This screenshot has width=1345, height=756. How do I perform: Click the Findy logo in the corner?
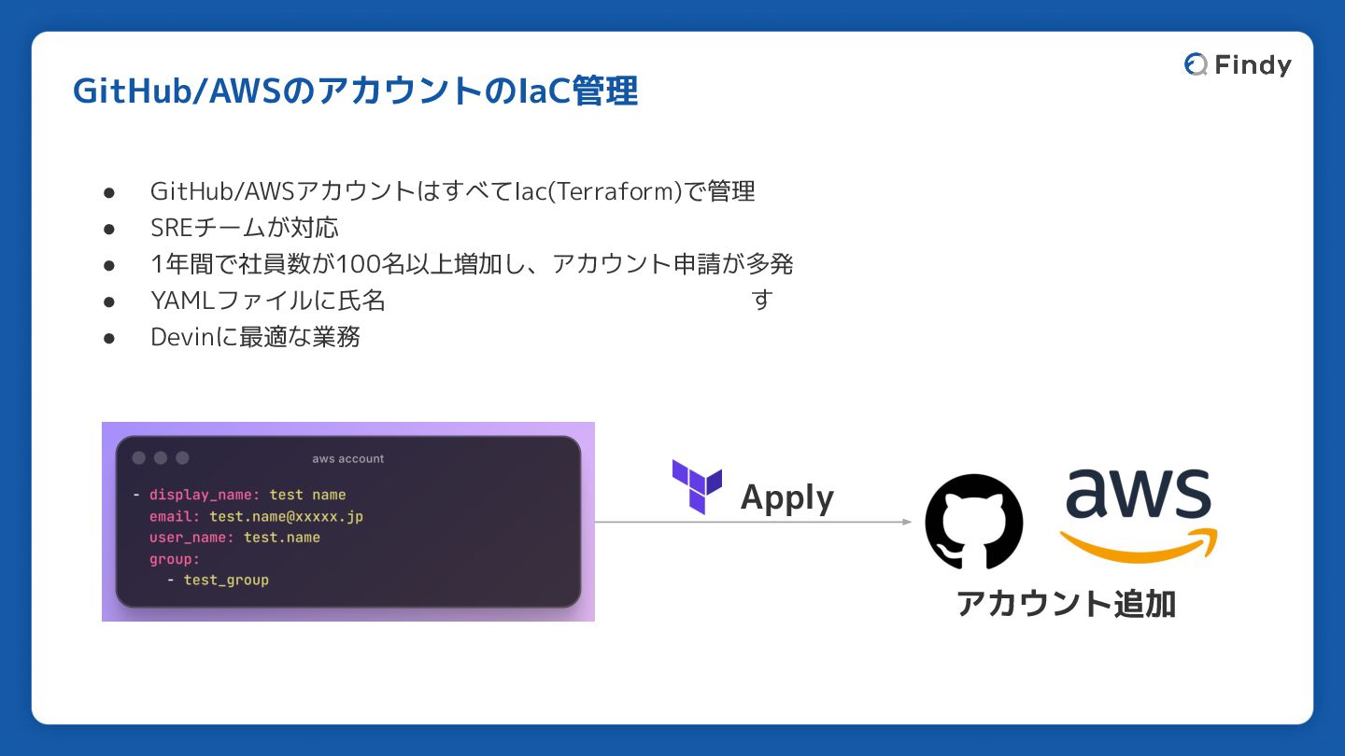click(1238, 64)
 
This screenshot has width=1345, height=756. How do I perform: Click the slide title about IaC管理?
click(355, 91)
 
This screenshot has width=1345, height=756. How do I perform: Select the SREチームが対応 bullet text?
click(245, 228)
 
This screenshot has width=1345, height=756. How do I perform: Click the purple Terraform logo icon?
click(697, 486)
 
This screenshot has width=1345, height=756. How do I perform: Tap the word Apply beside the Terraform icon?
click(786, 498)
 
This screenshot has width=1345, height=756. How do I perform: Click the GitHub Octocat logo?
click(973, 522)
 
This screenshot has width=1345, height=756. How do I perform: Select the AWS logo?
click(1139, 513)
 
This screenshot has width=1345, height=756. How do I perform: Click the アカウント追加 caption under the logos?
click(1066, 604)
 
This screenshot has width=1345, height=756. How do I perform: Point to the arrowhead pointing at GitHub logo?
click(906, 522)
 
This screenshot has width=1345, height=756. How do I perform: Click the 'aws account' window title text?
click(347, 458)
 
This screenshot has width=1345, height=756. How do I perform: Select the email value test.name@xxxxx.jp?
click(286, 516)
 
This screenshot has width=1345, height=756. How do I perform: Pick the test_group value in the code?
click(226, 580)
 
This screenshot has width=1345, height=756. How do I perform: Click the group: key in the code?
click(175, 559)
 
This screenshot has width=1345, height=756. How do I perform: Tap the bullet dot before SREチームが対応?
click(108, 229)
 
